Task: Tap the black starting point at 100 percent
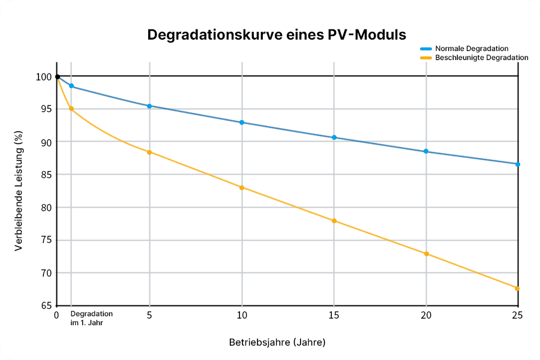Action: pyautogui.click(x=57, y=77)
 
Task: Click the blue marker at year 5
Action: pyautogui.click(x=149, y=106)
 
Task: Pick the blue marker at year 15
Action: pyautogui.click(x=334, y=137)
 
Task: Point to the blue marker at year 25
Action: pyautogui.click(x=517, y=164)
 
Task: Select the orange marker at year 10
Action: pyautogui.click(x=242, y=188)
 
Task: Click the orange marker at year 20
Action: pyautogui.click(x=427, y=254)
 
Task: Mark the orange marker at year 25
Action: pyautogui.click(x=517, y=289)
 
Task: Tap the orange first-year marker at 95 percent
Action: pyautogui.click(x=71, y=109)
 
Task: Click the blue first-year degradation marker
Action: pyautogui.click(x=71, y=86)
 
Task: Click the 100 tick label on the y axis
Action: pyautogui.click(x=44, y=77)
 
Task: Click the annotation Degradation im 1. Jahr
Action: pyautogui.click(x=91, y=317)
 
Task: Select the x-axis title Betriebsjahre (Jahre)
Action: pyautogui.click(x=277, y=343)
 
